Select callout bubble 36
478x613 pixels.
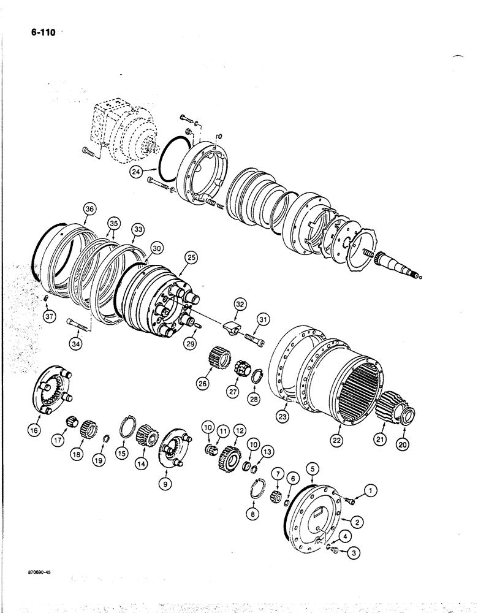89,210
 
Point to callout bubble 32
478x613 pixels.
239,303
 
